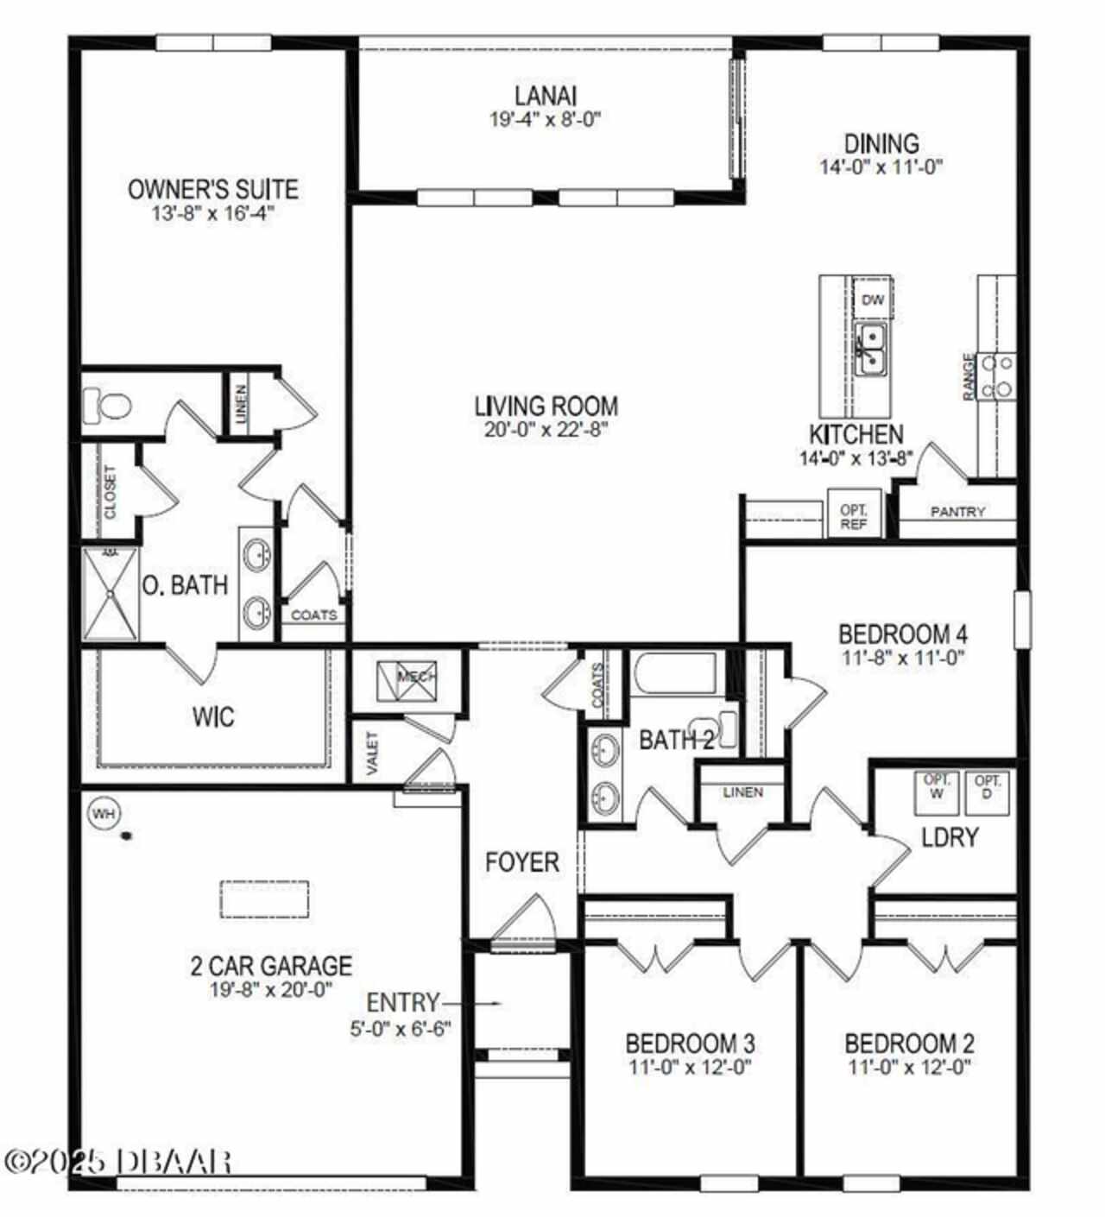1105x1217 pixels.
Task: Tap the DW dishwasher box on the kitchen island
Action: [873, 300]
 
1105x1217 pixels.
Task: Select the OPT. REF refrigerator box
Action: [854, 513]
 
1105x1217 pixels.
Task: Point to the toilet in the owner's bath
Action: [107, 406]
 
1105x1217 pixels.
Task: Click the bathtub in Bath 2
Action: [673, 673]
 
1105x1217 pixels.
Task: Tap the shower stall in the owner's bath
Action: [110, 594]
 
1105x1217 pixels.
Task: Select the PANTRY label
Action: [957, 512]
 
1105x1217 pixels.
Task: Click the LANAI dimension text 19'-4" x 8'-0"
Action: [545, 119]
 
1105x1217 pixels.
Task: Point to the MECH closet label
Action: [416, 677]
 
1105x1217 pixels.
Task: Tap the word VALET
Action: [373, 753]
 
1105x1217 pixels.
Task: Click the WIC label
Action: [213, 717]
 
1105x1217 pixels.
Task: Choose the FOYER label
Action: [522, 862]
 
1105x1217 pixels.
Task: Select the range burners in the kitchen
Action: [998, 377]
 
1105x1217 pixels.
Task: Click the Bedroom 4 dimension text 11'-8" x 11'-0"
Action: [903, 657]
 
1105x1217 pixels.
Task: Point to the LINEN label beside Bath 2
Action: [742, 791]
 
